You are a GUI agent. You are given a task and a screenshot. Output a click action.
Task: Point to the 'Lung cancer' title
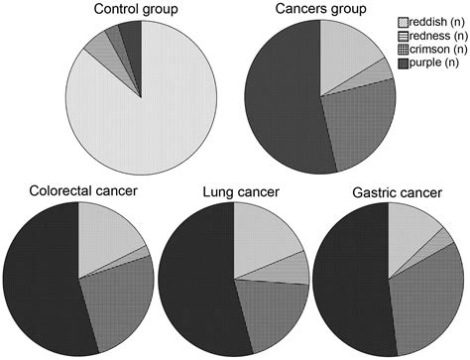(x=235, y=190)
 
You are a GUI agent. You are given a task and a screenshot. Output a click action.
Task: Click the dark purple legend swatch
(x=403, y=64)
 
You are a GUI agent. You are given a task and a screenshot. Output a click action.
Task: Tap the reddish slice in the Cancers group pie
(x=347, y=50)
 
